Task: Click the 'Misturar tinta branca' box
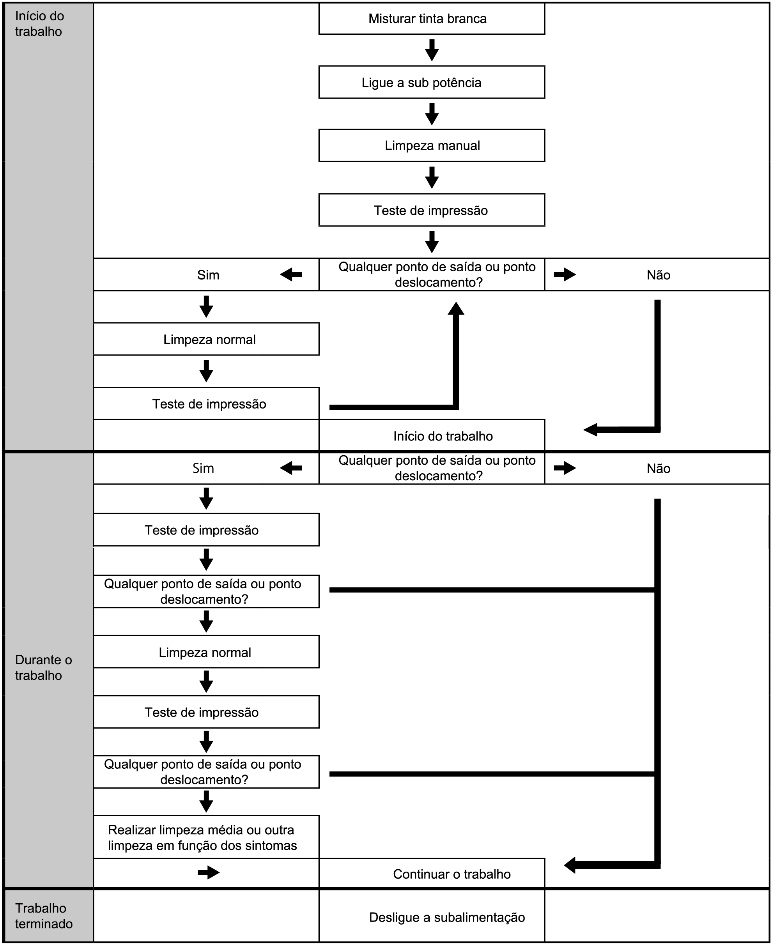(x=431, y=19)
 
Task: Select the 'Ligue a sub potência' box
(x=431, y=82)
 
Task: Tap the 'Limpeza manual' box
(x=431, y=145)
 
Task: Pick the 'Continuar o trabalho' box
(x=431, y=874)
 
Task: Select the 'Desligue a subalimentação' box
(x=431, y=917)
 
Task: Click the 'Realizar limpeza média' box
(x=206, y=837)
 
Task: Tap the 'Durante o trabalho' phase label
(x=44, y=667)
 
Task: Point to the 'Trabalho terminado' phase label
(x=44, y=916)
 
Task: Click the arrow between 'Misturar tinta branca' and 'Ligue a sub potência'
(x=431, y=50)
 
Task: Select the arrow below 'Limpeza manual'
(x=431, y=177)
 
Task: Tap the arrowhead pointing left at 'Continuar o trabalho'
(x=570, y=865)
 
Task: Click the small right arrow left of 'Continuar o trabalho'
(x=209, y=873)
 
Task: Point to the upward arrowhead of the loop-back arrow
(x=456, y=308)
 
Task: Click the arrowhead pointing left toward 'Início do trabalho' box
(x=590, y=430)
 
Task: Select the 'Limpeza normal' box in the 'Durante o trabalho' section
(x=206, y=652)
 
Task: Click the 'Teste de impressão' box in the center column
(x=431, y=210)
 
